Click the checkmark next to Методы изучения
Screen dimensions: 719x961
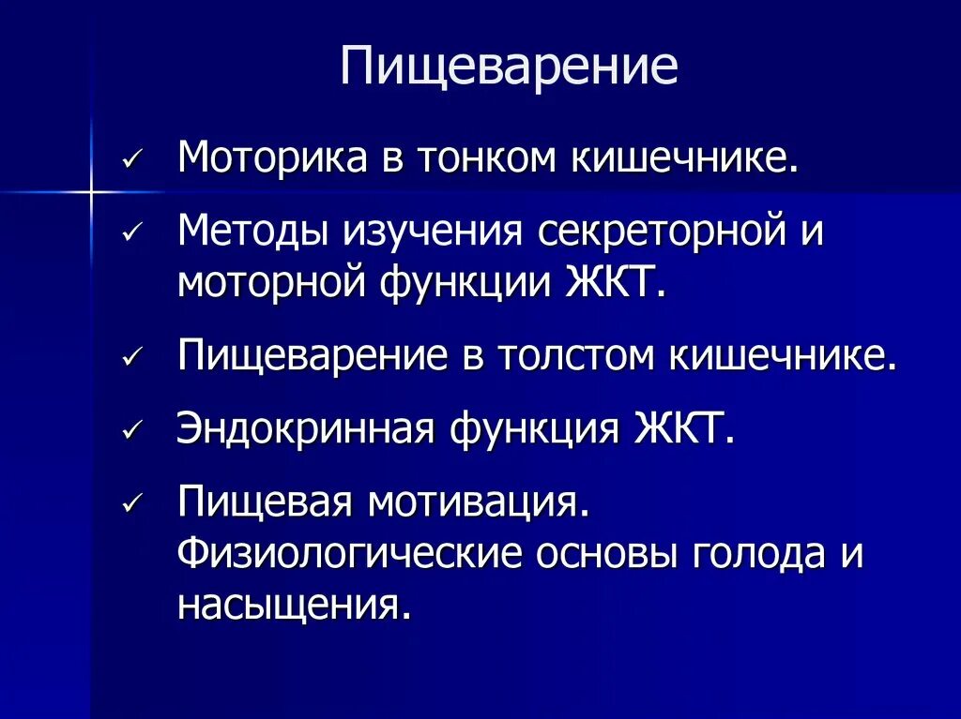coord(131,232)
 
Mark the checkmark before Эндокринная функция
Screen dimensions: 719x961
coord(131,431)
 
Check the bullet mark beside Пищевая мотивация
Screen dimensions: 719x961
coord(131,504)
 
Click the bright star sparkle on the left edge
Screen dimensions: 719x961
coord(91,193)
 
